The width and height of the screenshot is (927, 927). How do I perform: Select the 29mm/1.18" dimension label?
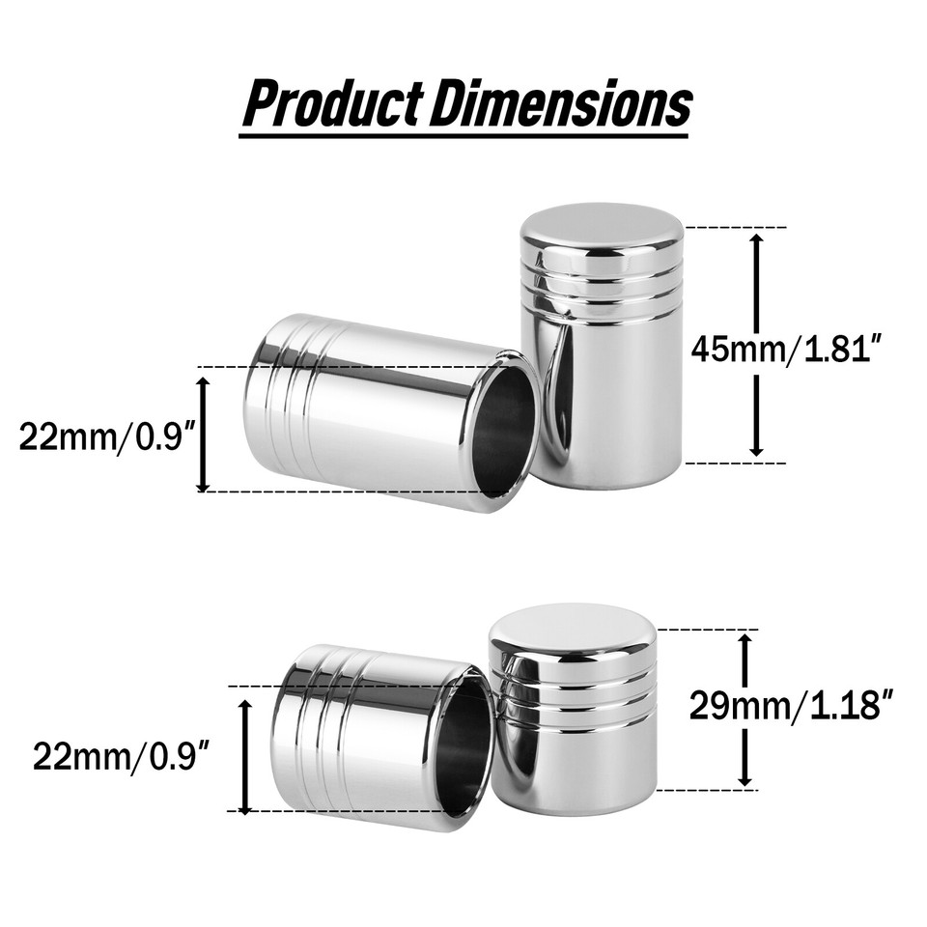point(788,706)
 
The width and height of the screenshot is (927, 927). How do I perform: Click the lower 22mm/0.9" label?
point(122,755)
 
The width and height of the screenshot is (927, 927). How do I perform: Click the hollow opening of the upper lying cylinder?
point(504,430)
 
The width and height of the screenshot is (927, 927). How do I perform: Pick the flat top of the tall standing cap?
point(602,228)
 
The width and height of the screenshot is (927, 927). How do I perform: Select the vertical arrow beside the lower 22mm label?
point(244,756)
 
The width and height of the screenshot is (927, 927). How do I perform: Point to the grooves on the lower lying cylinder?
point(329,734)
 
